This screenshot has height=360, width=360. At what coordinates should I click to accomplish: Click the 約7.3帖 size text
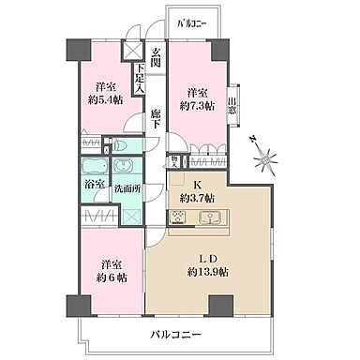click(196, 105)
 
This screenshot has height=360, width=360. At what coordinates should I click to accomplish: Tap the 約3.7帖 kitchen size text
click(197, 198)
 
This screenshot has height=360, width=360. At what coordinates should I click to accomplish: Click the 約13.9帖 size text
click(208, 272)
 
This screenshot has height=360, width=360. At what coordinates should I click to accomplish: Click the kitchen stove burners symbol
click(177, 217)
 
